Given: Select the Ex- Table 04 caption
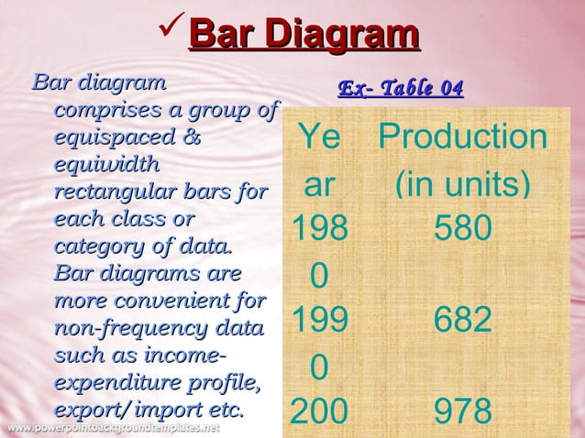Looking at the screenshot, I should coord(401,88).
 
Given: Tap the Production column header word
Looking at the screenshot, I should coord(463,137).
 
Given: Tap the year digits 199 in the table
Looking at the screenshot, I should coord(319,321).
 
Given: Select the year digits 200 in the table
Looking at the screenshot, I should coord(319,411).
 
